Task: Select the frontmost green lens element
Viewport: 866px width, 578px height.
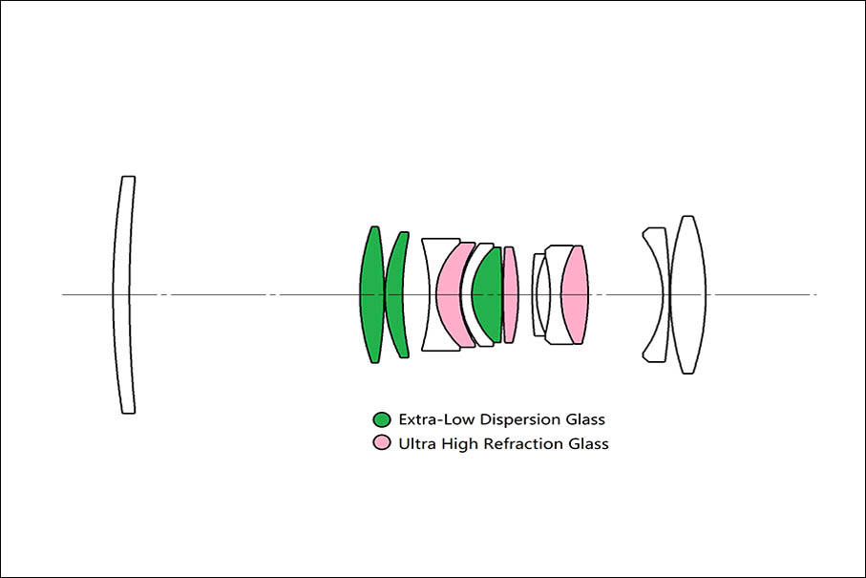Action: pyautogui.click(x=372, y=294)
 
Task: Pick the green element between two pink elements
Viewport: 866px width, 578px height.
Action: pyautogui.click(x=487, y=294)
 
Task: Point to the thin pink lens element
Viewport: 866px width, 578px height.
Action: pyautogui.click(x=510, y=294)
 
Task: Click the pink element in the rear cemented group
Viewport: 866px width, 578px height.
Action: pyautogui.click(x=574, y=294)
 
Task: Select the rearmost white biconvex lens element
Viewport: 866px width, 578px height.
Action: pyautogui.click(x=687, y=294)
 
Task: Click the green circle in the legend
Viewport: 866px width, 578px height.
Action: pyautogui.click(x=382, y=419)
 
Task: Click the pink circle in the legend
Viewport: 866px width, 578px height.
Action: pyautogui.click(x=382, y=443)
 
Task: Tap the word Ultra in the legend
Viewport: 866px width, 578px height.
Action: pyautogui.click(x=416, y=443)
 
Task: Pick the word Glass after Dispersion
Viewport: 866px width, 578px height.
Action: pyautogui.click(x=584, y=419)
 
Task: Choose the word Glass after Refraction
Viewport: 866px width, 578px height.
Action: pyautogui.click(x=587, y=443)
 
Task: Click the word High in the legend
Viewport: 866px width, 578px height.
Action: pyautogui.click(x=458, y=443)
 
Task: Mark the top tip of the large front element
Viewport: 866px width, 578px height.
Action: pyautogui.click(x=128, y=178)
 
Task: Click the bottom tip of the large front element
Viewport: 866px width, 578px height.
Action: pyautogui.click(x=128, y=412)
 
